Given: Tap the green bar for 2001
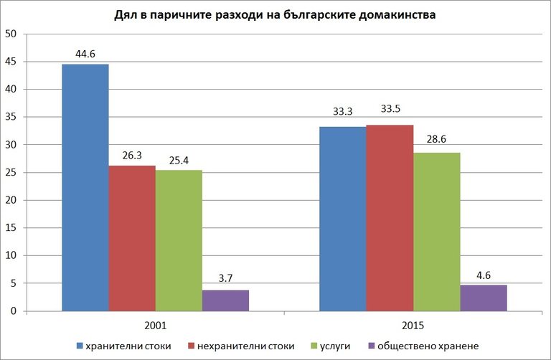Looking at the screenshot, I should [x=179, y=240].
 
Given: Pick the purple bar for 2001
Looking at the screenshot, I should [x=225, y=300].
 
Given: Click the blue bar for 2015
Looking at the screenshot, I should [x=342, y=219].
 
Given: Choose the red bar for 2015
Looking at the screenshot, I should [x=390, y=218].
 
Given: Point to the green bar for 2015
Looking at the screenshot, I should [x=436, y=232].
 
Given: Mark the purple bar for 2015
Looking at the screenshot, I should [x=483, y=298].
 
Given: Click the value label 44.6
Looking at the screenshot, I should [x=85, y=52].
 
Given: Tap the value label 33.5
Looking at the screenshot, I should [x=390, y=113].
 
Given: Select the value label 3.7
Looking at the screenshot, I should [x=225, y=278].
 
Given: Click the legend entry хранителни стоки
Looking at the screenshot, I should [x=123, y=346].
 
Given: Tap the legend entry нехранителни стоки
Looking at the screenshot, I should [x=237, y=346].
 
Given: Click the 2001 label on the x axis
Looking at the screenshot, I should [x=155, y=326].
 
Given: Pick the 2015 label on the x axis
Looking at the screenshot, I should [x=413, y=326].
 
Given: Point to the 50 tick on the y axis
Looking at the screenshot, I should [x=11, y=34].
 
